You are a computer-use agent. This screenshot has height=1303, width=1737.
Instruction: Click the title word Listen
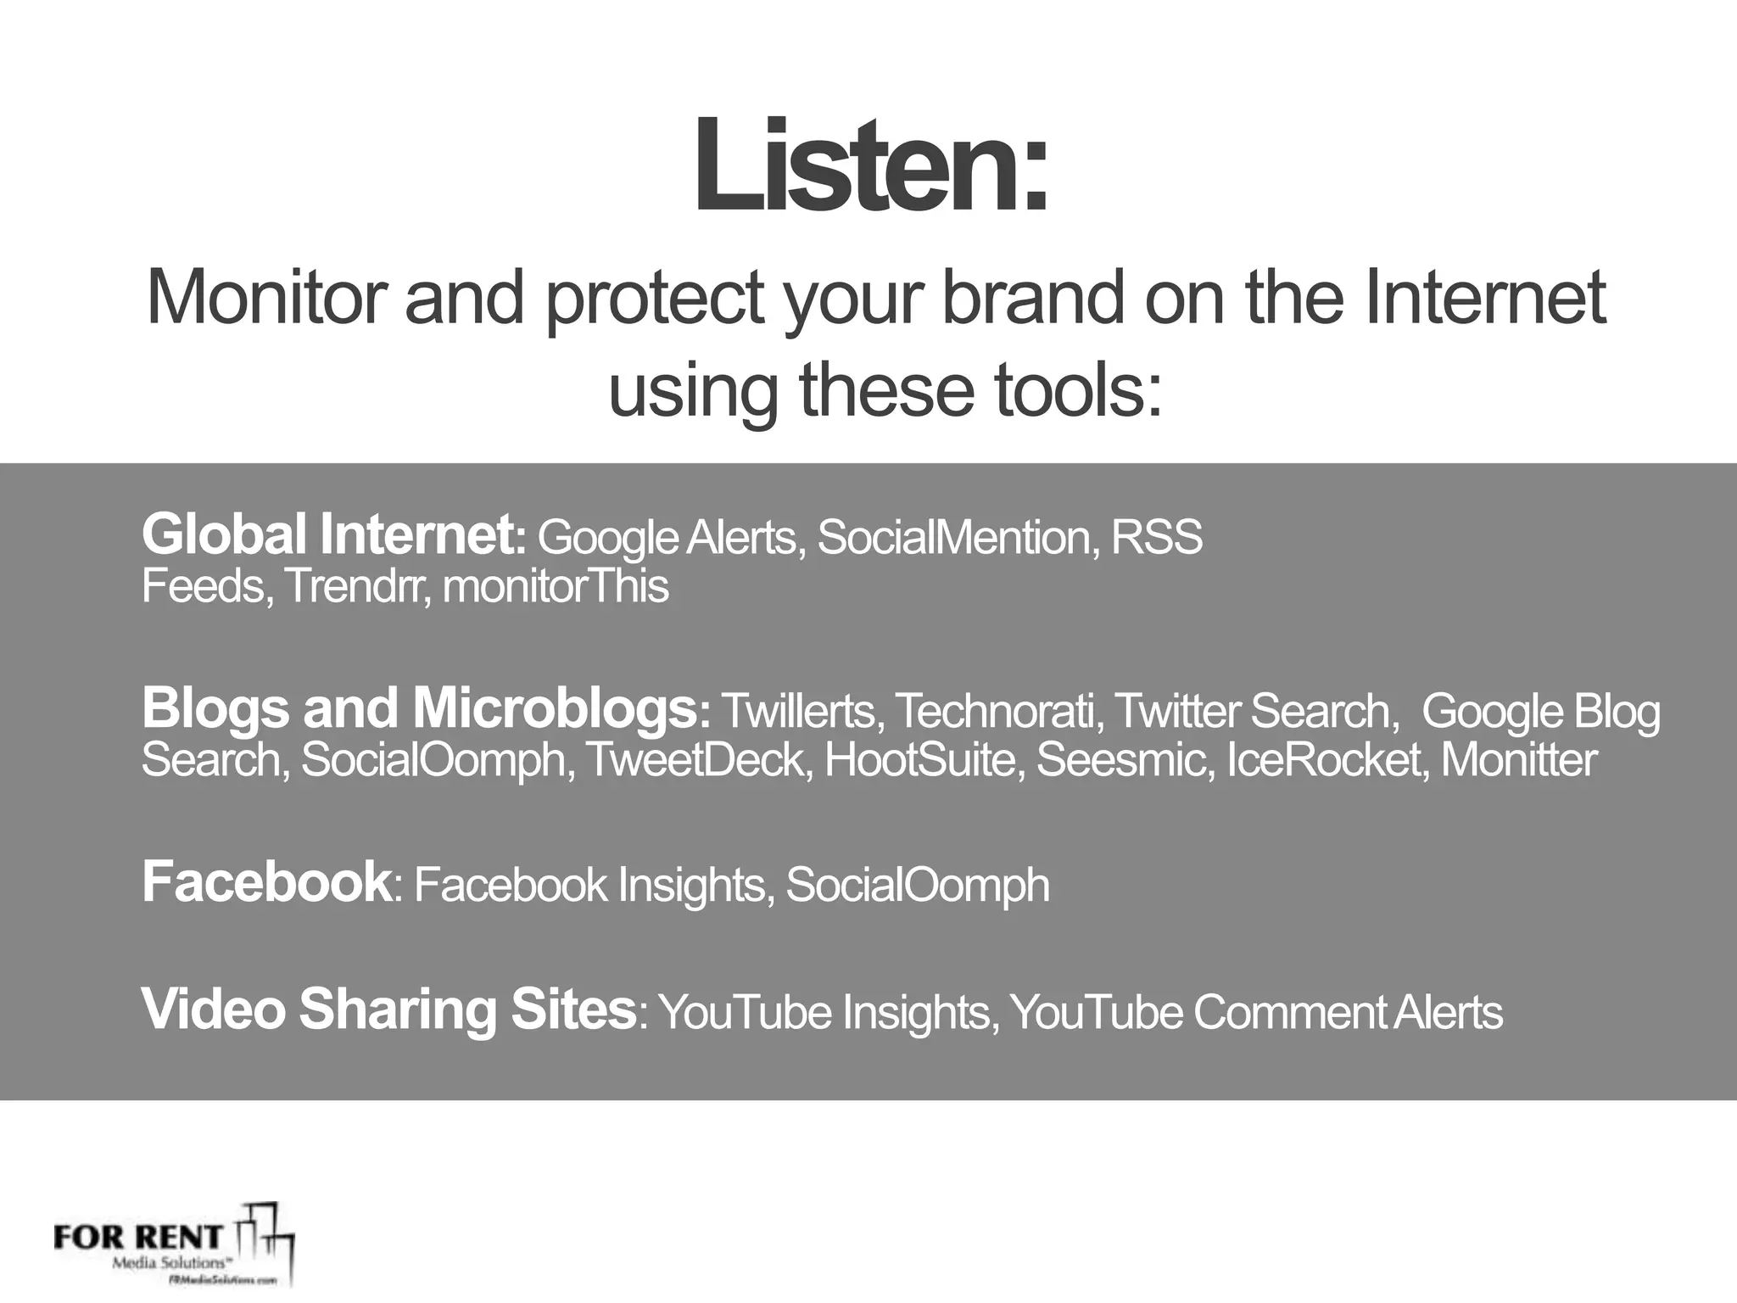click(x=871, y=165)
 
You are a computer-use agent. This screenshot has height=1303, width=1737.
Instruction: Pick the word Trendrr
click(x=354, y=586)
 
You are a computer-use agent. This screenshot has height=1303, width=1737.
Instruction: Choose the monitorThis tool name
click(x=556, y=586)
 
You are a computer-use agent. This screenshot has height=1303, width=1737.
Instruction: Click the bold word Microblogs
click(x=556, y=708)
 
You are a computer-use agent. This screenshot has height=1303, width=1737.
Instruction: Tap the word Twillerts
click(x=797, y=711)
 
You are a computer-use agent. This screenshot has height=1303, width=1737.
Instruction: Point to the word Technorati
click(x=997, y=711)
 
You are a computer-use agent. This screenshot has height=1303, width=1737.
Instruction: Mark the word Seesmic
click(x=1121, y=759)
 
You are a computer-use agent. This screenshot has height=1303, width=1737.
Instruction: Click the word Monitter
click(x=1518, y=759)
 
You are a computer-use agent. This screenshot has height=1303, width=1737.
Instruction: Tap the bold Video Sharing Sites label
click(x=388, y=1009)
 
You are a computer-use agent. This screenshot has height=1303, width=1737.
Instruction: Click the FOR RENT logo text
click(x=137, y=1237)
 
